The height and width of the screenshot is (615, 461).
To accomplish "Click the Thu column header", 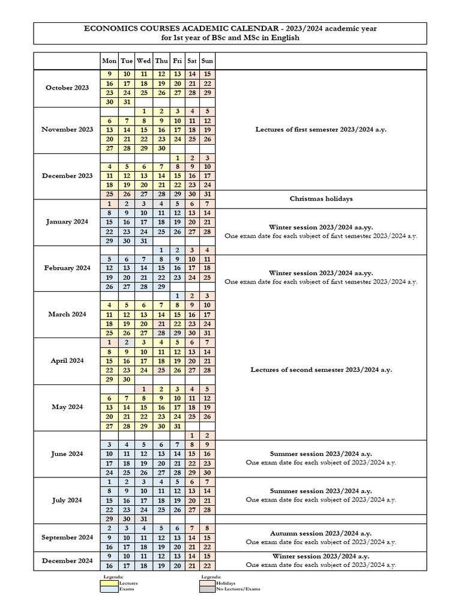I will click(x=161, y=61).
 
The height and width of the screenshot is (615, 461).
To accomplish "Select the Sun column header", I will click(x=207, y=61).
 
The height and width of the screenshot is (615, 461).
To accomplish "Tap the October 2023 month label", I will click(x=67, y=88).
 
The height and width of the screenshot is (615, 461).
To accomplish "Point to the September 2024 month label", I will click(x=67, y=538).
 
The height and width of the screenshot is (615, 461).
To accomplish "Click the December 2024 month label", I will click(x=67, y=561).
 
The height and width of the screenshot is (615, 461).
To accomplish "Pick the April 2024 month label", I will click(x=67, y=361).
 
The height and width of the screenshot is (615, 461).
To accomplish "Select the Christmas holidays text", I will click(x=321, y=199).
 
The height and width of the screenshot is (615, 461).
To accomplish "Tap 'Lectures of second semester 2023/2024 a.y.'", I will click(x=321, y=370).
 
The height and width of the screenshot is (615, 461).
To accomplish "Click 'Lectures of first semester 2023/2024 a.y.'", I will click(x=321, y=129).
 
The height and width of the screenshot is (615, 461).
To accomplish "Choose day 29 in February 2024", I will click(x=161, y=287).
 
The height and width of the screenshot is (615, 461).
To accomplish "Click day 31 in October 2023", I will click(x=127, y=102).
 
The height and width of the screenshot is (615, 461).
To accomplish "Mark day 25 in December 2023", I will click(x=109, y=195).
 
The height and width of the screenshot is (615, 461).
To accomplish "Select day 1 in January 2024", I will click(x=109, y=204).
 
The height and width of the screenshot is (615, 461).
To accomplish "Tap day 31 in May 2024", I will click(x=177, y=426).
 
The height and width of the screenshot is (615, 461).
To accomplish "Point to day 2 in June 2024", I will click(x=207, y=435).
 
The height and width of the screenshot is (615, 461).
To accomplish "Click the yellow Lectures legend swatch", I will click(x=109, y=583).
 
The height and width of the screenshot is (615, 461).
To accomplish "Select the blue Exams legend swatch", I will click(x=109, y=589).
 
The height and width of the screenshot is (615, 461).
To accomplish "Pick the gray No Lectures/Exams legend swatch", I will click(x=207, y=589).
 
